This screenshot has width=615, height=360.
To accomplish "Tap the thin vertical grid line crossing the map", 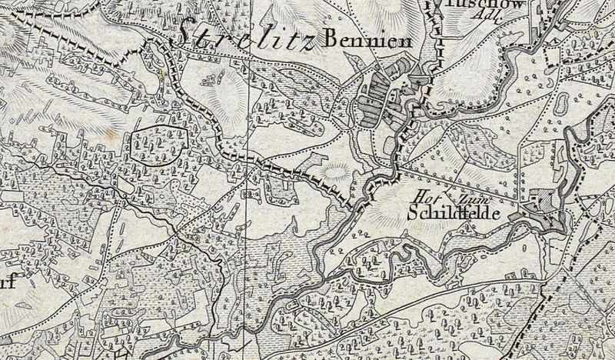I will (x=248, y=231).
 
